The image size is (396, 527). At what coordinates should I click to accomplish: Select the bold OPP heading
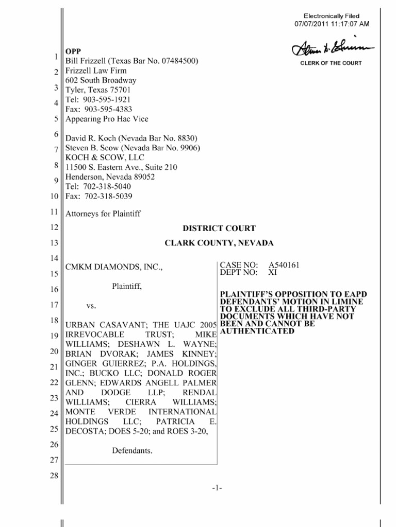click(x=73, y=51)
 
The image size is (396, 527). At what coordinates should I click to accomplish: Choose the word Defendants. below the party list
click(x=132, y=451)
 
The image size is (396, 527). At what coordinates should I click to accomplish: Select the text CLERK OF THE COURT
click(x=331, y=63)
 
